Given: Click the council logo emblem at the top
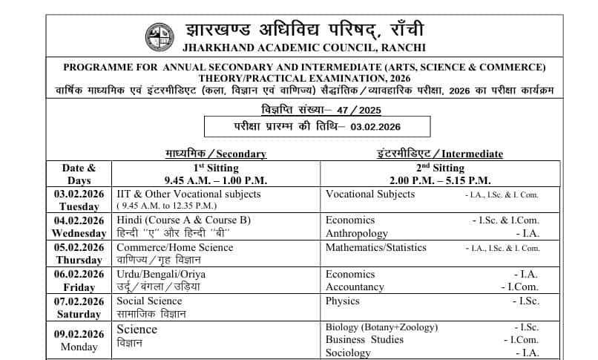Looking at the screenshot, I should click(159, 36).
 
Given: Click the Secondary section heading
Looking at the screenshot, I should click(215, 154).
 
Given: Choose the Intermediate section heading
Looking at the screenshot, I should click(440, 154).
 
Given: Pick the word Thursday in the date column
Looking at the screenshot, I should click(79, 260).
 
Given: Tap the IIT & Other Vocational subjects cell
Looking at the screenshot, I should click(188, 194).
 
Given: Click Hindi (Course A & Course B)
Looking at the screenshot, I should click(183, 220).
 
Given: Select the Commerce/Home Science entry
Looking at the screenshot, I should click(174, 247).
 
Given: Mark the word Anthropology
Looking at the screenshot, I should click(357, 233).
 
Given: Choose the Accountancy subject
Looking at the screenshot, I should click(355, 287).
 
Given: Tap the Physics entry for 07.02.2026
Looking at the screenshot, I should click(342, 301).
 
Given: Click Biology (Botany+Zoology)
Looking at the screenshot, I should click(381, 327).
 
